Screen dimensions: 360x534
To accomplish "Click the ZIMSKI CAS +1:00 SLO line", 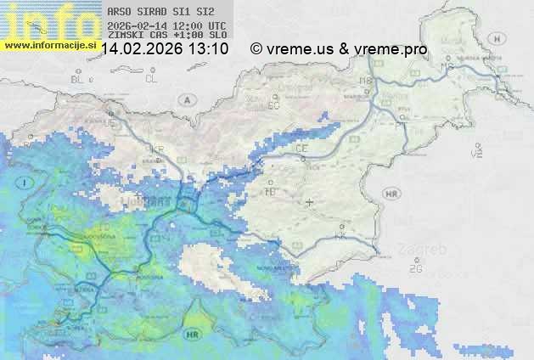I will click(x=167, y=36).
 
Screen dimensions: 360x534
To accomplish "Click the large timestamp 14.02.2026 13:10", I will click(x=165, y=50).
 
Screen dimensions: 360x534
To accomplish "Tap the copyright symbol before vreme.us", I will click(x=256, y=50).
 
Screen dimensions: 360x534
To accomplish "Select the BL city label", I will click(x=77, y=79).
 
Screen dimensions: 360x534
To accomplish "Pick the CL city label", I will click(x=151, y=79).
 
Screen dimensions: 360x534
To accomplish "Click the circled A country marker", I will click(x=185, y=100).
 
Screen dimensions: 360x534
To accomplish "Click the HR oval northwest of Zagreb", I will click(x=391, y=194).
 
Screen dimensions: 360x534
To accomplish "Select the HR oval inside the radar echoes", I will click(x=191, y=336).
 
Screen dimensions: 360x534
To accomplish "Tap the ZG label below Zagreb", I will click(x=415, y=269).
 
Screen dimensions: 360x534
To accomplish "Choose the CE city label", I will click(x=301, y=149).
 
